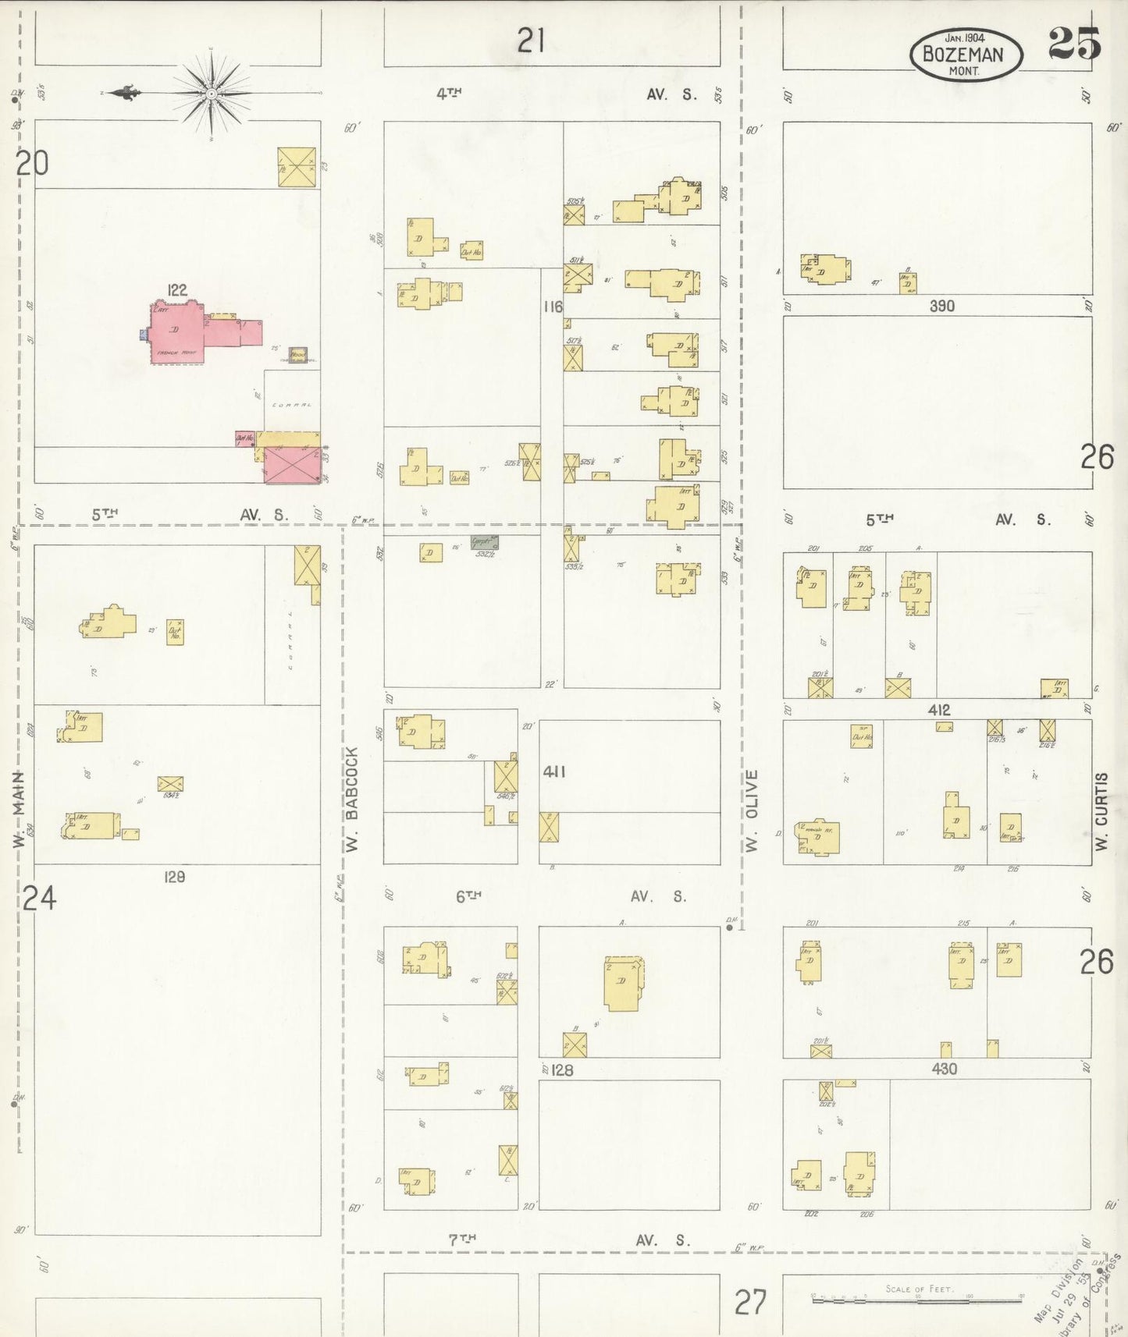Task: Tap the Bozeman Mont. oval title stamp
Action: [x=965, y=55]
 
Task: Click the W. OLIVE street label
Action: [x=752, y=810]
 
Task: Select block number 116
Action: [x=553, y=307]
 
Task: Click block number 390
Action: [x=941, y=306]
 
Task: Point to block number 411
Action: [x=553, y=771]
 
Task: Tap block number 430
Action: [x=944, y=1069]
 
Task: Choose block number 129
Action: [x=174, y=877]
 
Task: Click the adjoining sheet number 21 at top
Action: [x=531, y=40]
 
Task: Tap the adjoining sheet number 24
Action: [x=38, y=899]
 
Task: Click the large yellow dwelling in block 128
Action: [x=622, y=983]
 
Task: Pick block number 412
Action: [x=939, y=710]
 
